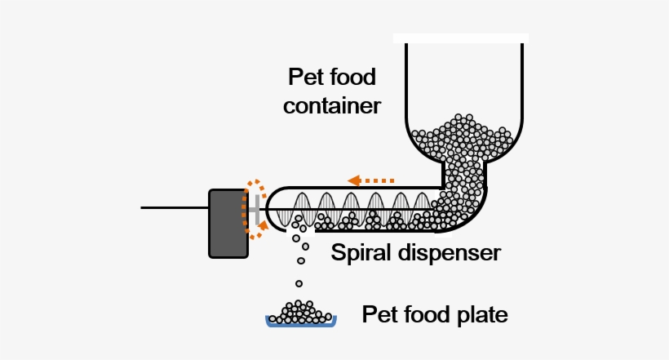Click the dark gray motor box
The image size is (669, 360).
click(228, 224)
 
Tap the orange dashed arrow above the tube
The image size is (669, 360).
click(370, 180)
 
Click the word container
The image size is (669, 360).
click(333, 106)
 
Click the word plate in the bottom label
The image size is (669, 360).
click(482, 314)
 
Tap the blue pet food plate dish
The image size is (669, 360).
click(302, 323)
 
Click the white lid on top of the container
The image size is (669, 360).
click(460, 38)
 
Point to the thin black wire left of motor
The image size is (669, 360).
click(175, 207)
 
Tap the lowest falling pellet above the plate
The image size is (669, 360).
click(299, 283)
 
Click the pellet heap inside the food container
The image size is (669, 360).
click(464, 139)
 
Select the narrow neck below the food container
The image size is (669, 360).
click(463, 175)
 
